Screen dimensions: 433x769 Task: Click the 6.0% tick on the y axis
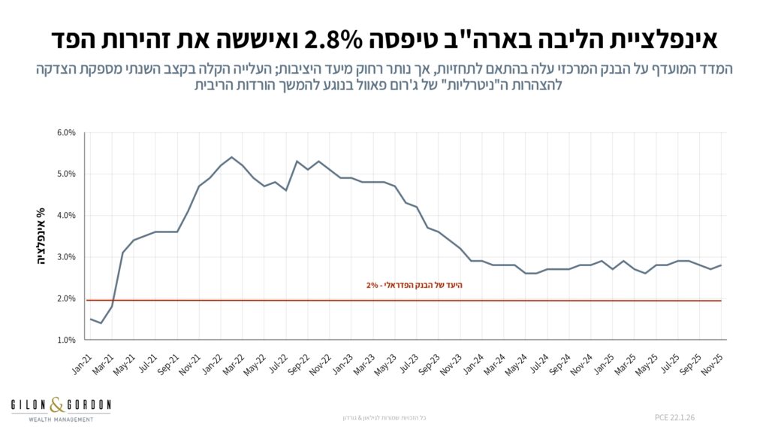(66, 133)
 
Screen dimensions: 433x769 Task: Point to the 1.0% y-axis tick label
(66, 340)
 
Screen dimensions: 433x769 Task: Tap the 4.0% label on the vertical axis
(66, 216)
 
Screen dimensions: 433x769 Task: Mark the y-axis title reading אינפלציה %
(42, 236)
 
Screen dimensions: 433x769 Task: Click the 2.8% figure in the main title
(340, 37)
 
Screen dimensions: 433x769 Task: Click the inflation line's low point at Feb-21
(101, 323)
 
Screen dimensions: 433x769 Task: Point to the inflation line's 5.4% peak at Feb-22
(231, 157)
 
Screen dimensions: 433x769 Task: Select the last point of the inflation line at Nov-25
(721, 265)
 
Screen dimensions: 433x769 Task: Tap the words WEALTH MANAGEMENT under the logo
(60, 419)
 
